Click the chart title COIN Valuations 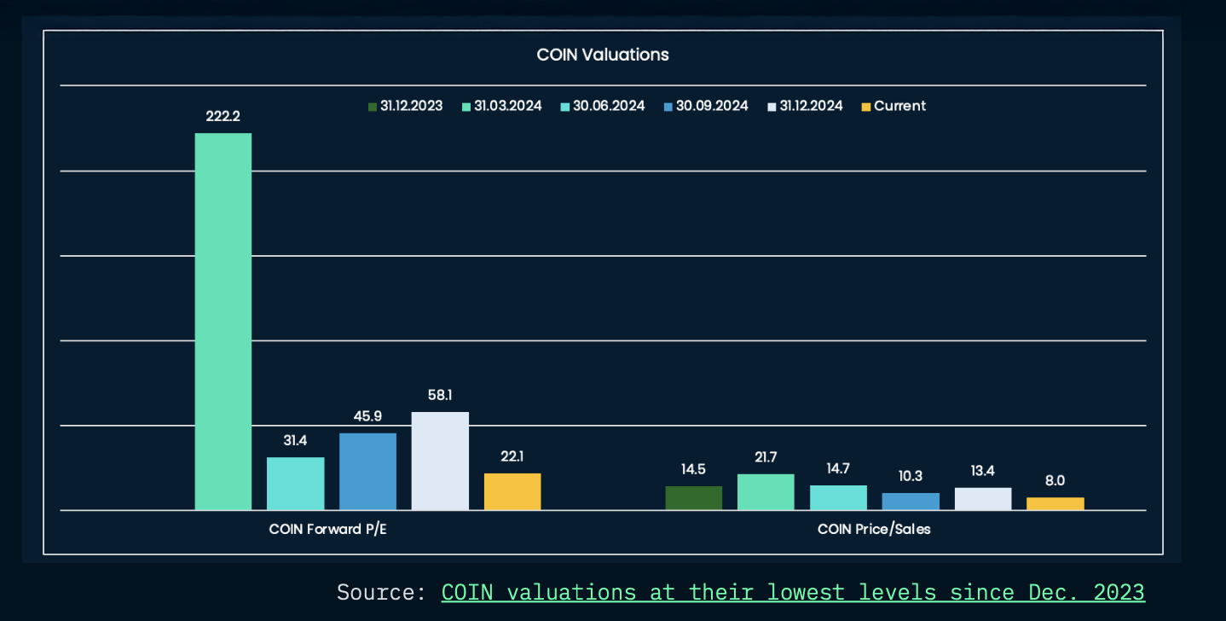point(602,55)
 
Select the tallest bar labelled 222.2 point(223,321)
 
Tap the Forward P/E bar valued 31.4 point(295,484)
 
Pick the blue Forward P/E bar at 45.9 point(367,472)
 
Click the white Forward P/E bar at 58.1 point(440,461)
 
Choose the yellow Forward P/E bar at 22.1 point(512,491)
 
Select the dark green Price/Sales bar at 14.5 point(693,498)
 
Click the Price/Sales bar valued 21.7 point(766,492)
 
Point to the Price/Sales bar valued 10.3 point(911,502)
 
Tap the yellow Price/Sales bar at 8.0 point(1055,503)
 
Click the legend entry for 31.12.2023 point(405,106)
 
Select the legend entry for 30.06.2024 point(602,106)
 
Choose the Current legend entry point(893,106)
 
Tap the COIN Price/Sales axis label point(874,529)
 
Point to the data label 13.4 point(982,471)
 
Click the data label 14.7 point(838,468)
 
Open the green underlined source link point(792,592)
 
